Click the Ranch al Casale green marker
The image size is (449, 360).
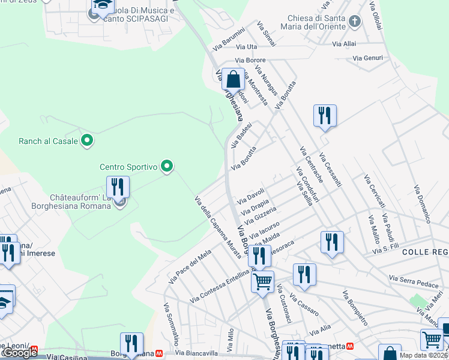[x=87, y=141]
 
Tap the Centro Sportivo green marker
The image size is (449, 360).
[x=167, y=166]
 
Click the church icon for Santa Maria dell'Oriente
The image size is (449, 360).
[x=355, y=22]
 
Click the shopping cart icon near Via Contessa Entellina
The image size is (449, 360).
[x=262, y=282]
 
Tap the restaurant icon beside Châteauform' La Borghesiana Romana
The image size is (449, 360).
[x=118, y=187]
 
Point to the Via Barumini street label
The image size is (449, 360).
[x=229, y=39]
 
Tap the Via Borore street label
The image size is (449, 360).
[x=250, y=60]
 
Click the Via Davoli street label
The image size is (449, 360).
[x=251, y=195]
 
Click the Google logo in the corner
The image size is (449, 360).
[x=20, y=353]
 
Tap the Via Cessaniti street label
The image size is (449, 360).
[x=331, y=170]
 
